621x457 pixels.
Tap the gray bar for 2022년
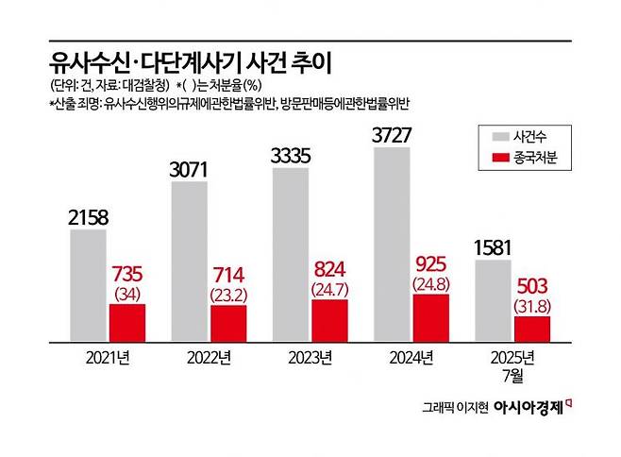coord(190,261)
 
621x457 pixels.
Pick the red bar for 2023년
coord(330,319)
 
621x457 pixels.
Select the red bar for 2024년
coord(431,316)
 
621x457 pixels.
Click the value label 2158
coord(89,218)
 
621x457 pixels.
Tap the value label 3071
coord(191,172)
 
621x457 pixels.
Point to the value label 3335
coord(292,155)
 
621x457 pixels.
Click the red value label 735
coord(127,273)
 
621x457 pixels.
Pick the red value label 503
coord(532,286)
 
